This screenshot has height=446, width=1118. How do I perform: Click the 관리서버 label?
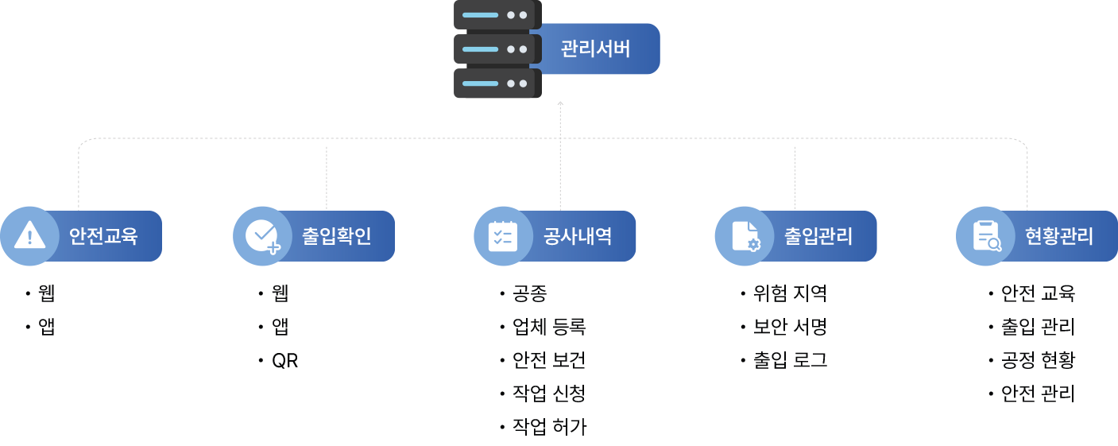(595, 49)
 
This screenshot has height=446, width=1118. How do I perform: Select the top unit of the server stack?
(497, 14)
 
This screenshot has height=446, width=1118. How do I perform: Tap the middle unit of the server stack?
(497, 49)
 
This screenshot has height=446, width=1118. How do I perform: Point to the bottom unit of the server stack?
(497, 83)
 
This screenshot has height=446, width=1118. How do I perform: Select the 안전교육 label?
(103, 236)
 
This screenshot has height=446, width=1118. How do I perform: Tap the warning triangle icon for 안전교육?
(30, 236)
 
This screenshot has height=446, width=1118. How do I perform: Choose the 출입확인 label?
(336, 236)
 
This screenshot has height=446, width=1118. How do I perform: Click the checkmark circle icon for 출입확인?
(262, 236)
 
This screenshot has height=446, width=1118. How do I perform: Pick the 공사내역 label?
(578, 236)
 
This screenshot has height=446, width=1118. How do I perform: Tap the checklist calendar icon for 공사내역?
(503, 236)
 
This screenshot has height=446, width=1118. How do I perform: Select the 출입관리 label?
(818, 236)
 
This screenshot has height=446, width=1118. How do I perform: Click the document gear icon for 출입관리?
(745, 236)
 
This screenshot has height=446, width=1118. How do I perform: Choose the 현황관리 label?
(1059, 236)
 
